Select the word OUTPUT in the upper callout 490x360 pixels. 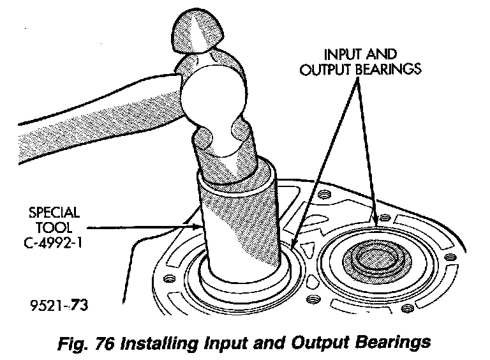coord(323,69)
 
